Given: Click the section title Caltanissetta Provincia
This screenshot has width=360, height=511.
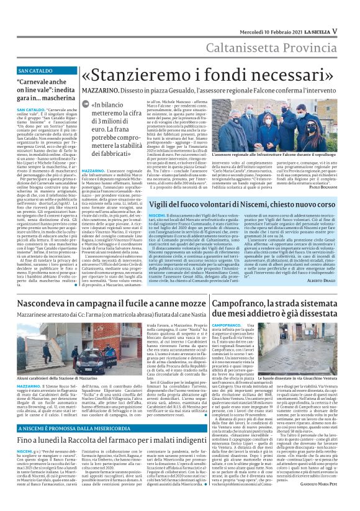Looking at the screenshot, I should click(x=286, y=30).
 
